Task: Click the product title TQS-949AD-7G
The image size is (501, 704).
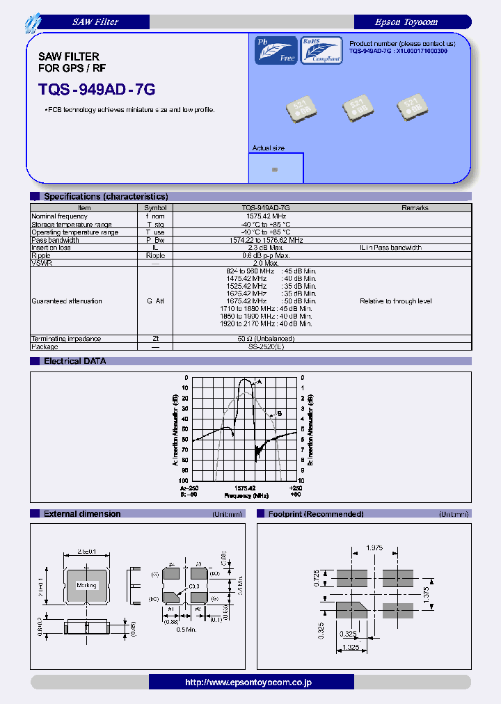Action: [x=97, y=90]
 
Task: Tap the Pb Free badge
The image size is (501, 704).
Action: [x=276, y=51]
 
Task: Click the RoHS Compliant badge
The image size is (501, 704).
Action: [x=321, y=51]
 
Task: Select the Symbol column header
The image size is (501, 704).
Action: [x=155, y=208]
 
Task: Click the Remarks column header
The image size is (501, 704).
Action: [x=415, y=208]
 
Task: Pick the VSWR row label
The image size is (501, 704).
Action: [x=42, y=263]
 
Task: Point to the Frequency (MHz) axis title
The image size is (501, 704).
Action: [x=246, y=496]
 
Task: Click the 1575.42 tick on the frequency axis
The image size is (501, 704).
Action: [x=245, y=488]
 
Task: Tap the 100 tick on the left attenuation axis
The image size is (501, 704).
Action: [x=184, y=481]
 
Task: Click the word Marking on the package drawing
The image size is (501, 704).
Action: [x=86, y=586]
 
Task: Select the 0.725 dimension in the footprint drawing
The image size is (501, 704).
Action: [x=317, y=578]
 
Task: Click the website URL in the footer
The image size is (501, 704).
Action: [x=248, y=682]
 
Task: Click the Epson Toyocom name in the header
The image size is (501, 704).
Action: [x=406, y=22]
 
